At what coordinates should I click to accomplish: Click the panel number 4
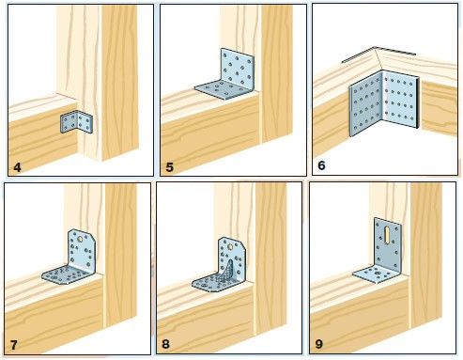pos(18,167)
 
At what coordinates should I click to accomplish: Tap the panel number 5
pos(169,167)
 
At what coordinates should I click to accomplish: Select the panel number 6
pos(321,165)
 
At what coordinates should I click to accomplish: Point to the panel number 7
pos(13,345)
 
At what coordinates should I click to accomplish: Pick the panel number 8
pos(165,344)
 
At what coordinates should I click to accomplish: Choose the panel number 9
pos(318,344)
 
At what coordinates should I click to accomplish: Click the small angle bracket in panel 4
pos(76,122)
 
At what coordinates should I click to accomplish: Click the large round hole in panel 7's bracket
pos(80,239)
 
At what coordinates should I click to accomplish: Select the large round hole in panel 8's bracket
pos(231,246)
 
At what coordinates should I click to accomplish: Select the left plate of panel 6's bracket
pos(365,103)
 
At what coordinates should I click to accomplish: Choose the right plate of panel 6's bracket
pos(401,100)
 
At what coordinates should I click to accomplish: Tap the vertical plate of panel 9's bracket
pos(388,243)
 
